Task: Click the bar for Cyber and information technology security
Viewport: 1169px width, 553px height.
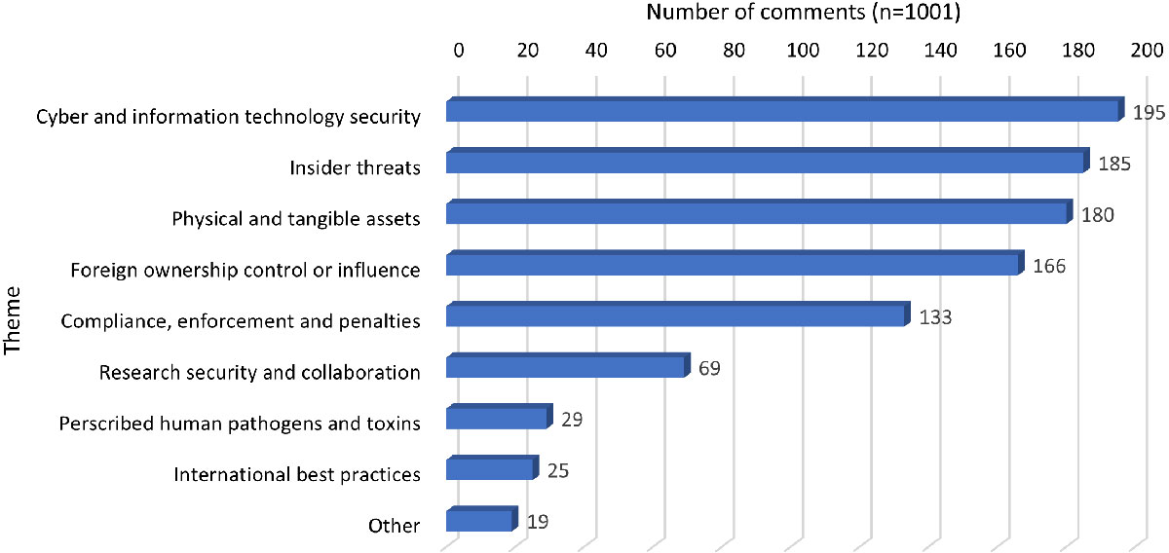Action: click(784, 111)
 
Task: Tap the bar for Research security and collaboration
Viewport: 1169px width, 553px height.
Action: click(568, 366)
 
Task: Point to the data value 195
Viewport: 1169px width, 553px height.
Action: click(1149, 114)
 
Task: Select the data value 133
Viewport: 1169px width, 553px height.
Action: click(934, 317)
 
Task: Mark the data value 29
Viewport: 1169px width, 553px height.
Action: click(572, 420)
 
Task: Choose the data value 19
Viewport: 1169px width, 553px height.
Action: click(538, 522)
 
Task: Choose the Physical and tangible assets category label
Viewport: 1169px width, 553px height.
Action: click(296, 219)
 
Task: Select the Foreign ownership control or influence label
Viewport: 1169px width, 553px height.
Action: click(245, 270)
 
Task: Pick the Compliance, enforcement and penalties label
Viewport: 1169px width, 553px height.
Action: click(241, 320)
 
